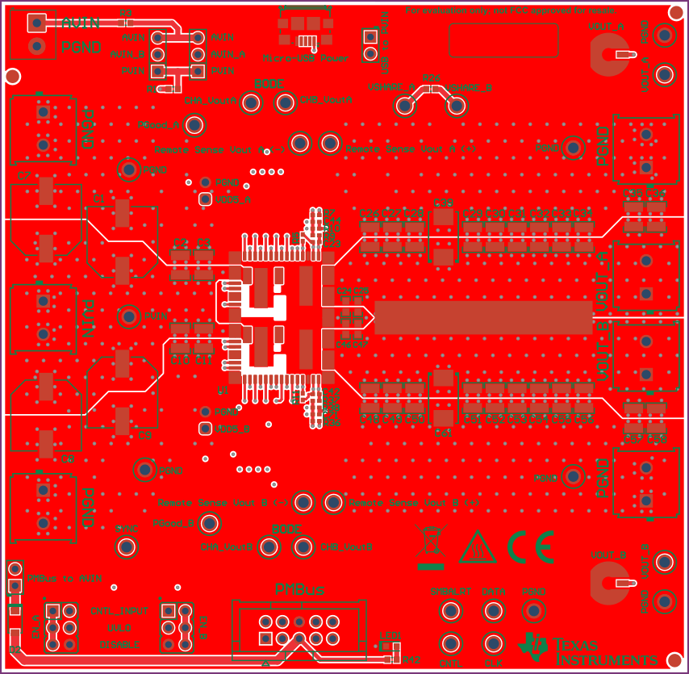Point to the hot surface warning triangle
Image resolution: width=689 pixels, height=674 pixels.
[478, 547]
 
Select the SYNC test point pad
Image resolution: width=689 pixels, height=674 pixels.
[127, 546]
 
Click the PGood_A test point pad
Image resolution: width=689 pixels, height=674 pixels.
[194, 125]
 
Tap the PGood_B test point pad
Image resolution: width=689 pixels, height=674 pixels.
[209, 523]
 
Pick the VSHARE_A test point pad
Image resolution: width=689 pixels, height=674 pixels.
[404, 105]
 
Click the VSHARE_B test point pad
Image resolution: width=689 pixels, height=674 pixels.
[457, 105]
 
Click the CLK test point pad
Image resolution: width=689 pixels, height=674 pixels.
[493, 644]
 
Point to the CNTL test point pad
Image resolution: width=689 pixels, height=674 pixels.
[449, 644]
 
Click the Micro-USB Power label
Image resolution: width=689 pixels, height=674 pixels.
[306, 58]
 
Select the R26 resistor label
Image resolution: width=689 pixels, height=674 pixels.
[431, 78]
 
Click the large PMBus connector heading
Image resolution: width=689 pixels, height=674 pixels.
[299, 590]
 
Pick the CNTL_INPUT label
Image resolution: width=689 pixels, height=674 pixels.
[115, 611]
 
